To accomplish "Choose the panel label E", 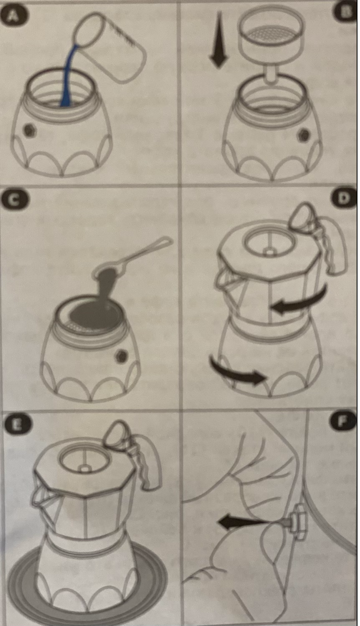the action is click(x=18, y=425).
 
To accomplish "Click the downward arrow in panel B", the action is click(x=218, y=39).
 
